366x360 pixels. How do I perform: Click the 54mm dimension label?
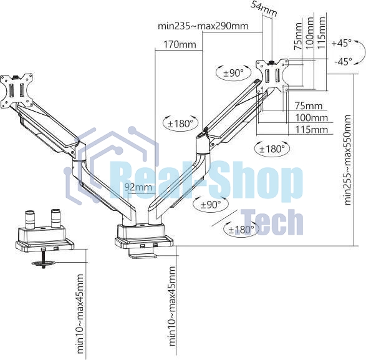click(x=264, y=9)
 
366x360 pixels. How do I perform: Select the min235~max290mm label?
click(x=203, y=26)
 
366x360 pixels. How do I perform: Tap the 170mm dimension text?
click(x=180, y=44)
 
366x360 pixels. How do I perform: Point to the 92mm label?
click(x=138, y=187)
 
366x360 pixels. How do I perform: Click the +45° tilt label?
click(x=341, y=43)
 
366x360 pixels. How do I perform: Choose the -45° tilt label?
click(x=343, y=61)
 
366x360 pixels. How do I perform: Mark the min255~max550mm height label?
click(x=347, y=160)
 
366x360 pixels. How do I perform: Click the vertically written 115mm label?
click(x=321, y=32)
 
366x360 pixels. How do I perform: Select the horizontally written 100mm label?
click(x=311, y=117)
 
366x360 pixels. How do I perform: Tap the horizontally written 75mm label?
click(x=309, y=105)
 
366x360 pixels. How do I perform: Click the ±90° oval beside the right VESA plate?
click(x=234, y=73)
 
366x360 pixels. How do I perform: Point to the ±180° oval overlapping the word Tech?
click(x=241, y=230)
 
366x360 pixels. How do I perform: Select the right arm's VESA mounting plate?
click(x=272, y=75)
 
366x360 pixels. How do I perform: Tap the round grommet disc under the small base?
click(x=44, y=263)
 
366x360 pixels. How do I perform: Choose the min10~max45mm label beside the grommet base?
click(x=80, y=314)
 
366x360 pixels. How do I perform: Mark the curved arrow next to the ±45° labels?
click(x=361, y=52)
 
